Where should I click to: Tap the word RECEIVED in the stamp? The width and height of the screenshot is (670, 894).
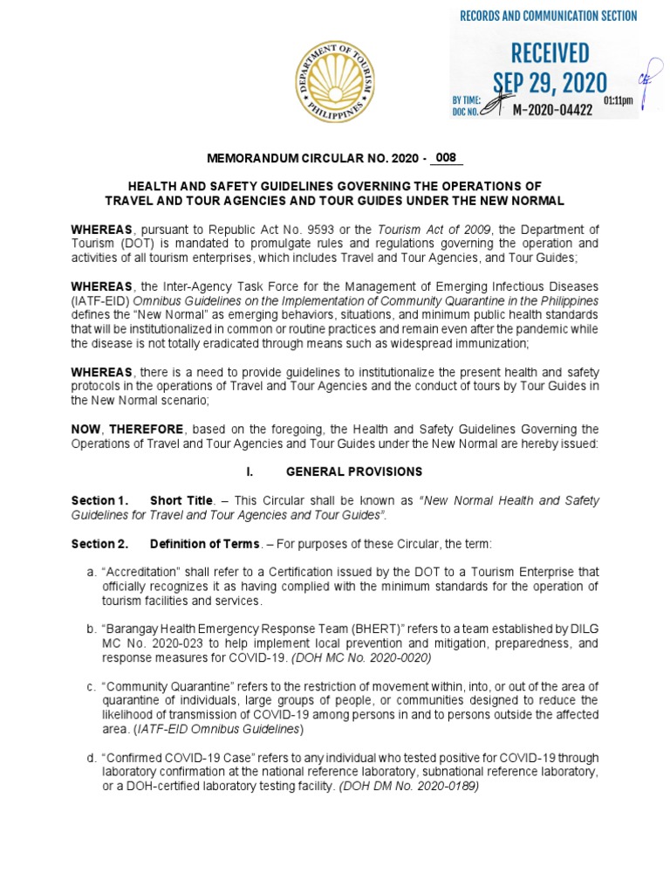[x=550, y=52]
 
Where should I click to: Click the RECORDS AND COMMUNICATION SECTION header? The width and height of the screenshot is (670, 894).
[x=549, y=16]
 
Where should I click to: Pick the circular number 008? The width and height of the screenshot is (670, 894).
[x=446, y=158]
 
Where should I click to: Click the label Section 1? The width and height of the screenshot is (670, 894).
[x=99, y=500]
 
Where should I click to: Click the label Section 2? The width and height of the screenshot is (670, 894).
[x=99, y=544]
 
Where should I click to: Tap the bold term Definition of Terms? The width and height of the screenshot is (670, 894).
[x=205, y=544]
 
